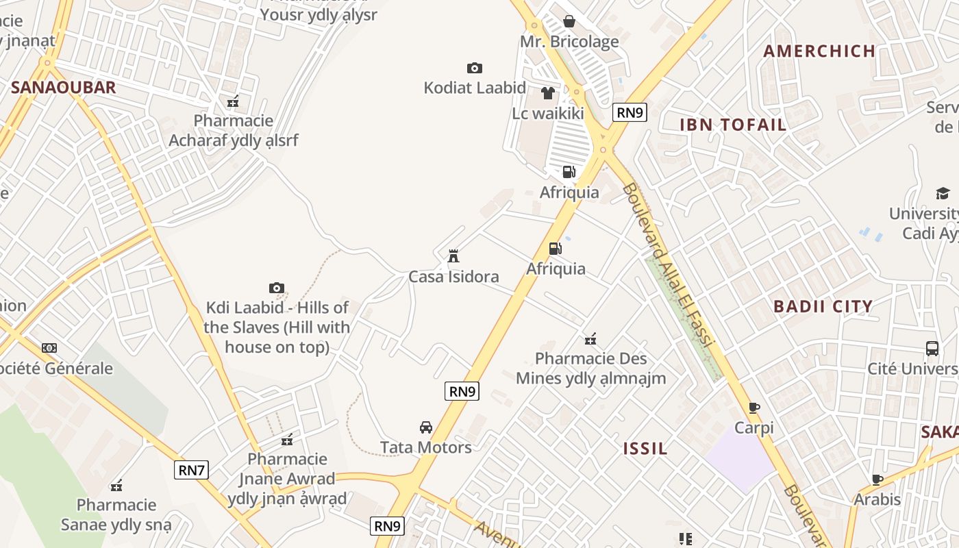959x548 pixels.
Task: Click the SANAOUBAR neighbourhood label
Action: [x=64, y=88]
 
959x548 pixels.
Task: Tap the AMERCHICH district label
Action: [x=819, y=51]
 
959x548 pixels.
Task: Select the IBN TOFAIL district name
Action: [x=733, y=125]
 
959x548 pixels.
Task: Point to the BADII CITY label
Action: [x=823, y=306]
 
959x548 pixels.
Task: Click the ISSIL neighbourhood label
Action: [x=645, y=449]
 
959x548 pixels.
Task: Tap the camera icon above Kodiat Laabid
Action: [x=474, y=68]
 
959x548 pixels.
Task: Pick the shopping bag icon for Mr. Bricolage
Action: [x=569, y=21]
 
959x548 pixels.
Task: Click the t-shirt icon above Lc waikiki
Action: [x=547, y=92]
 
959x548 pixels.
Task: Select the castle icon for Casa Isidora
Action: [x=453, y=256]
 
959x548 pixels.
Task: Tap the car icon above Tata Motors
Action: [x=426, y=427]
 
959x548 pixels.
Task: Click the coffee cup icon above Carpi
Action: [x=754, y=408]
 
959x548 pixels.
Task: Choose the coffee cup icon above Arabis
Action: [x=877, y=480]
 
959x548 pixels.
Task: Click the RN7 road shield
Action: [x=191, y=470]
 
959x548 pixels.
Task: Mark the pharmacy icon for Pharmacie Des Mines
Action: [x=590, y=338]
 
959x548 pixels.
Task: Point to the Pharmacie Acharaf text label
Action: [x=234, y=130]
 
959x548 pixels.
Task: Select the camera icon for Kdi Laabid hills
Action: [x=277, y=288]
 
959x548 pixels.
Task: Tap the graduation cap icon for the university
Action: [x=943, y=193]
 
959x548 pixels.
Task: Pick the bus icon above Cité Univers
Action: [x=932, y=348]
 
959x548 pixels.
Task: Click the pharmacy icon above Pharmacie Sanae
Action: [x=116, y=486]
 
